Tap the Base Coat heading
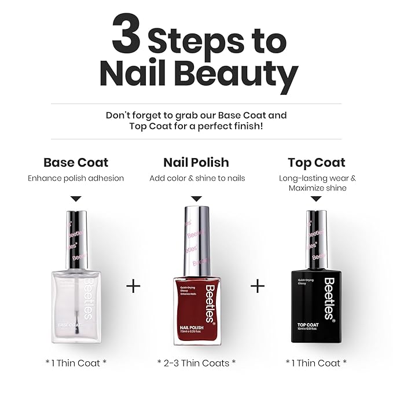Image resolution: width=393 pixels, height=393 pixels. [76, 163]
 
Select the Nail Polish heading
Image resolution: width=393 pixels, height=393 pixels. [196, 163]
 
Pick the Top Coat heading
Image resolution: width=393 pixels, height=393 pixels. [317, 163]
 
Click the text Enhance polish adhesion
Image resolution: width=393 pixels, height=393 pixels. [76, 178]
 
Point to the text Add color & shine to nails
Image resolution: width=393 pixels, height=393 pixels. [197, 178]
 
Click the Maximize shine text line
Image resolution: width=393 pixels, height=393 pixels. [317, 188]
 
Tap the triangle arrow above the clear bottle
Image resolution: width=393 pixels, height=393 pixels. [76, 199]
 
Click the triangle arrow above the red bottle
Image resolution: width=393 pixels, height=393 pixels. [196, 199]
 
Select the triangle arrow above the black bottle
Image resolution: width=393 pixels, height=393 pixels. [316, 199]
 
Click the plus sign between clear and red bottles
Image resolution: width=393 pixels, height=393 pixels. [133, 286]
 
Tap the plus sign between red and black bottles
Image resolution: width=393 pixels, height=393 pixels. [258, 286]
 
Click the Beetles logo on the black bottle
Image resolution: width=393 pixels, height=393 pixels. [329, 298]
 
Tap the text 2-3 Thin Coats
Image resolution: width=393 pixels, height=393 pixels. [196, 363]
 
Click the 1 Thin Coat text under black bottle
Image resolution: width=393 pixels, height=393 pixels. [317, 363]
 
